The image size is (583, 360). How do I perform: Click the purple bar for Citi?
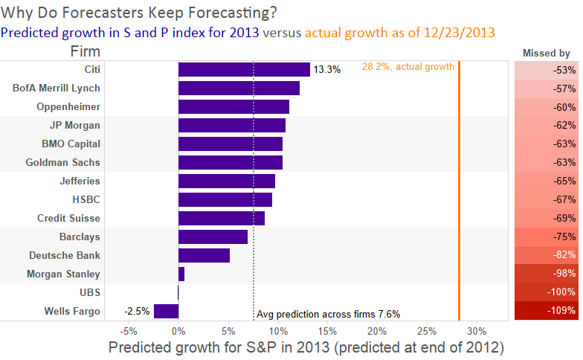tap(244, 69)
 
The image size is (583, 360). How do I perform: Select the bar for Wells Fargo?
tap(166, 311)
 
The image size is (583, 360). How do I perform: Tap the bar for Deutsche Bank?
tap(204, 255)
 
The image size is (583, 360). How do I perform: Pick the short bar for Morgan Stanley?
tap(181, 274)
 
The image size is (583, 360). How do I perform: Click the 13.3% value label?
tap(327, 70)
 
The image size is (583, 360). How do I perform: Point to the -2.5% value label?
tap(137, 311)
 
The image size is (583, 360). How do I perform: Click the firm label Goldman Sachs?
tap(62, 162)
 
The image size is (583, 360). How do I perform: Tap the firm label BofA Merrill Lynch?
tap(57, 88)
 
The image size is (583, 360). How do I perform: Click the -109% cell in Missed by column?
tap(547, 311)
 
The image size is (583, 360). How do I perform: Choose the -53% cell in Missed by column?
tap(547, 70)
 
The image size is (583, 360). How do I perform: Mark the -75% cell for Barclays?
tap(547, 237)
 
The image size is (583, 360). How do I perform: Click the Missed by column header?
tap(546, 53)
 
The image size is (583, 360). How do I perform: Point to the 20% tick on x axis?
tap(377, 331)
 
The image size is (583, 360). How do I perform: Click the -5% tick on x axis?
tap(129, 331)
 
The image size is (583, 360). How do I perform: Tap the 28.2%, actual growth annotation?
tap(408, 67)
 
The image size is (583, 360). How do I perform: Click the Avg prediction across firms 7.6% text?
tap(328, 314)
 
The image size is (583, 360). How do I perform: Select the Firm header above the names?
tap(86, 51)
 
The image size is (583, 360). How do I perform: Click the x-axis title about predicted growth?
tap(306, 348)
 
